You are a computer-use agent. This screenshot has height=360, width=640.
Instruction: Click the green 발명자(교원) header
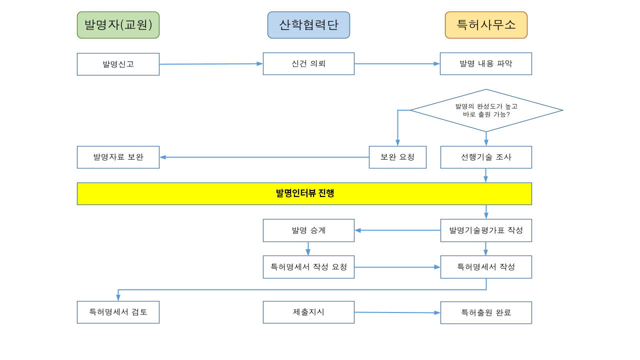pos(118,25)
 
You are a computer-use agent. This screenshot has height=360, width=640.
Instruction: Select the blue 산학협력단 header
pos(308,25)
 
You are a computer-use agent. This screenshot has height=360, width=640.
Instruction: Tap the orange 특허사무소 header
pos(486,25)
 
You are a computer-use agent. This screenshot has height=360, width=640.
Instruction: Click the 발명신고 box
pos(118,64)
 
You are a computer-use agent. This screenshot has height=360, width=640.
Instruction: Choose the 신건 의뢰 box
pos(308,63)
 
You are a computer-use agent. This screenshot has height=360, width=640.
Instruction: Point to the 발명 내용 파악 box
pos(485,63)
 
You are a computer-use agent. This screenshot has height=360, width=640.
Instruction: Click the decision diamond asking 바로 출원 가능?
pos(486,110)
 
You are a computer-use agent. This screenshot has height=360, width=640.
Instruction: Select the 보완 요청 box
pos(397,157)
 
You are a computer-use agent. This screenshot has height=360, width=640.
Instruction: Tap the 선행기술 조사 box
pos(486,157)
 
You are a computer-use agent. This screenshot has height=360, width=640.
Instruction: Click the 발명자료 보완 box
pos(118,157)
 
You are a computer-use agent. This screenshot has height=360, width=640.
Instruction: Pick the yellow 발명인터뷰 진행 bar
pos(304,193)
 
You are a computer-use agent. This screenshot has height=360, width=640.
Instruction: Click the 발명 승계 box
pos(308,230)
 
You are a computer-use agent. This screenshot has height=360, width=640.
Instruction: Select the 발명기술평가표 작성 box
pos(486,230)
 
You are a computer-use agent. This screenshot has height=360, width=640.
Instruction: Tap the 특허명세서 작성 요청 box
pos(308,267)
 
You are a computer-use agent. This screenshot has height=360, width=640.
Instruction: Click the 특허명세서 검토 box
pos(118,312)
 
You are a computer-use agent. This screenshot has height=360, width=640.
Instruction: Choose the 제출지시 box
pos(308,312)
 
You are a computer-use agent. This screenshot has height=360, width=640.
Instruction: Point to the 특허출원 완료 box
pos(486,312)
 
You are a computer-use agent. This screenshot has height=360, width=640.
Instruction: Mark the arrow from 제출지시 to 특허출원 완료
pos(397,312)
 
